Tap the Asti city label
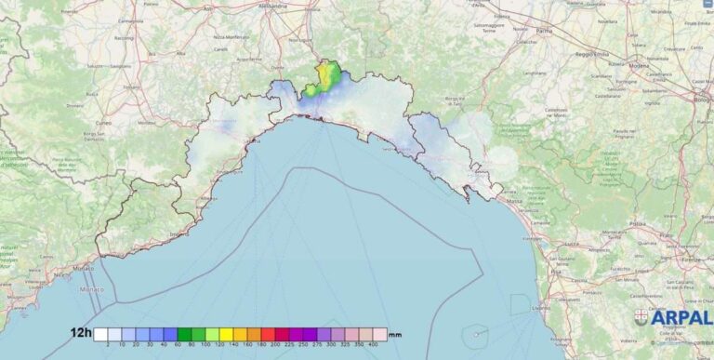point(207,8)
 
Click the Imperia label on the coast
point(177,235)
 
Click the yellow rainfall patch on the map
point(326,72)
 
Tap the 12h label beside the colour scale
point(80,332)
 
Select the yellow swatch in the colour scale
point(226,334)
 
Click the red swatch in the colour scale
point(268,334)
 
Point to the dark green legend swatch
point(184,334)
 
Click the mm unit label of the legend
point(395,334)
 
